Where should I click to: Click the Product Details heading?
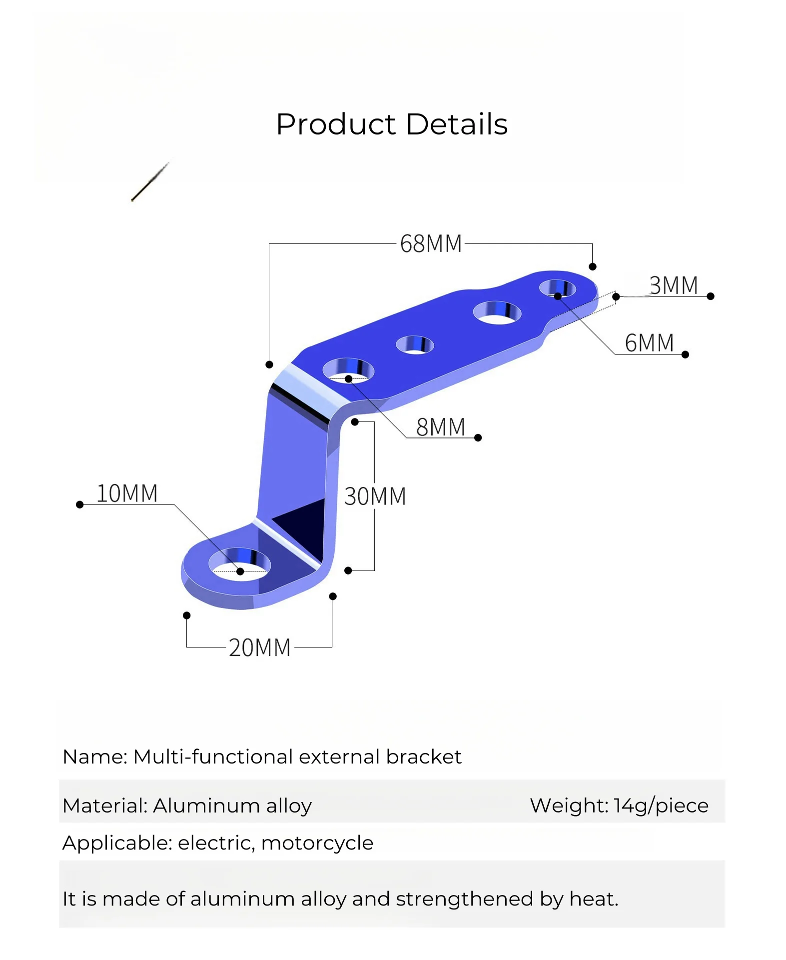coord(392,124)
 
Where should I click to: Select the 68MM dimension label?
coord(431,244)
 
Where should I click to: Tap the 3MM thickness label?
coord(674,285)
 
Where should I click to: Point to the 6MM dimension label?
coord(649,343)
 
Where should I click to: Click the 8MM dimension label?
coord(440,427)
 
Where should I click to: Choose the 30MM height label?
coord(375,496)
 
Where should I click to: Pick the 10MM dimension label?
coord(127,493)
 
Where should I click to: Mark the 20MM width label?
coord(259,647)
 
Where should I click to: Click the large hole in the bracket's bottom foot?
coord(240,565)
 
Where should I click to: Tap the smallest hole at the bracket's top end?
coord(557,288)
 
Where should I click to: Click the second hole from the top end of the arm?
coord(497,313)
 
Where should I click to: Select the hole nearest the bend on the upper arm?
coord(348,370)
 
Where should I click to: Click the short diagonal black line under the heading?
coord(150,182)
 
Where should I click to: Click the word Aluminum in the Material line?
coord(206,805)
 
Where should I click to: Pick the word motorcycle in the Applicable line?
coord(317,843)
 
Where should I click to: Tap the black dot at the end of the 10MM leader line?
coord(79,504)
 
